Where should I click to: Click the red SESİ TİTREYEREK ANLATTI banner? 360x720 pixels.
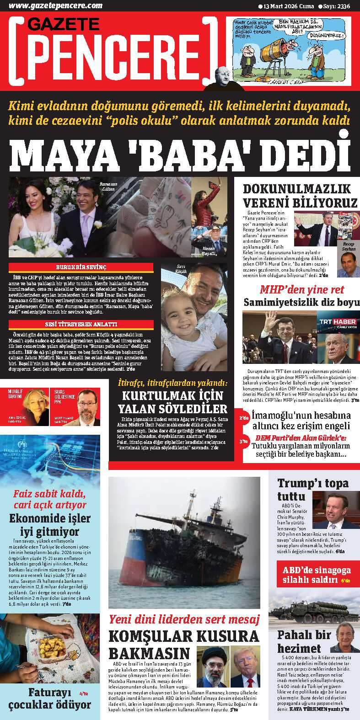(81, 325)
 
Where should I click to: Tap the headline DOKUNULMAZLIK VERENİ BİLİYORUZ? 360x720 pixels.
(300, 196)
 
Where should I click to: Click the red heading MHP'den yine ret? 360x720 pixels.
(301, 289)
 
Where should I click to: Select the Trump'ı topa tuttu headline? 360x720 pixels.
(312, 489)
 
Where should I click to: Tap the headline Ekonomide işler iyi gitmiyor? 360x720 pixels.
(50, 525)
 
